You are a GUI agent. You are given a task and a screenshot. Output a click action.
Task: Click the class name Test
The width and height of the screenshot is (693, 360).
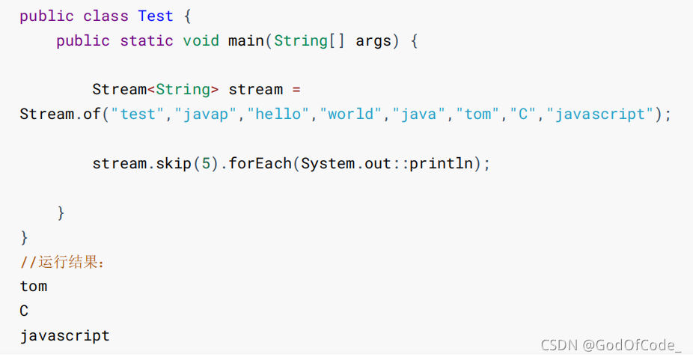(156, 16)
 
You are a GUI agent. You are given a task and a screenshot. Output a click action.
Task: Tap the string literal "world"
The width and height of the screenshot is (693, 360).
(352, 114)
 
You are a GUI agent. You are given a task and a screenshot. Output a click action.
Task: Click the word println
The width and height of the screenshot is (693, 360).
(441, 163)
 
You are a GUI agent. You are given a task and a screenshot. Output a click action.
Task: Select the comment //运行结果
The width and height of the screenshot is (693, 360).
(64, 262)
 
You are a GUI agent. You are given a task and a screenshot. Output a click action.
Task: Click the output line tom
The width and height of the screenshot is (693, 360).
(34, 286)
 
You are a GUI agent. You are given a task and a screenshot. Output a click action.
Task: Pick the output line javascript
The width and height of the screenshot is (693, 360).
(65, 335)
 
